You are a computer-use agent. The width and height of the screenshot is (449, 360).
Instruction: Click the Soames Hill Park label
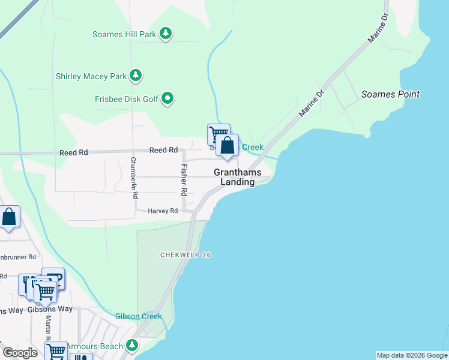124,34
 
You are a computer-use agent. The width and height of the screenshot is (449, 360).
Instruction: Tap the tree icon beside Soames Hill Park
166,34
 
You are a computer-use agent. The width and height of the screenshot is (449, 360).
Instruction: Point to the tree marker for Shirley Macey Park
137,76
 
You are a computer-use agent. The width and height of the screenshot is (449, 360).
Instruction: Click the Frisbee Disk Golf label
126,99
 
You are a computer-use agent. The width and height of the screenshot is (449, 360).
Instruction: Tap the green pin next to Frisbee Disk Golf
167,98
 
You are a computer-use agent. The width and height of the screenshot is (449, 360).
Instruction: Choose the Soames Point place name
390,94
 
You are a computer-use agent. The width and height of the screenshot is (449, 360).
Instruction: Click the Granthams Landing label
238,177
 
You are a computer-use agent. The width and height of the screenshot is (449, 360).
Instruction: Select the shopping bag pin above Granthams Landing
228,146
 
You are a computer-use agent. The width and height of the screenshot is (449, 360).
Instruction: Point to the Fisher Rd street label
184,180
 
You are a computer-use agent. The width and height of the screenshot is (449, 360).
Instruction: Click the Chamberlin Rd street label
134,177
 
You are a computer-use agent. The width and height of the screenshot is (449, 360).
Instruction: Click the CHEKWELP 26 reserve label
185,255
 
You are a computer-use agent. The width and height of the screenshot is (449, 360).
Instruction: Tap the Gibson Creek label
139,316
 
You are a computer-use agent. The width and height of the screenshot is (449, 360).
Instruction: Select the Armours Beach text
94,346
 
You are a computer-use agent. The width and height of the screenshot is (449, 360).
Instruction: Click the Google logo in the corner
20,353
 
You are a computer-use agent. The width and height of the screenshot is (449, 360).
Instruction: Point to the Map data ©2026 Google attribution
411,355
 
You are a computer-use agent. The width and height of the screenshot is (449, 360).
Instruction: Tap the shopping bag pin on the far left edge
9,218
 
